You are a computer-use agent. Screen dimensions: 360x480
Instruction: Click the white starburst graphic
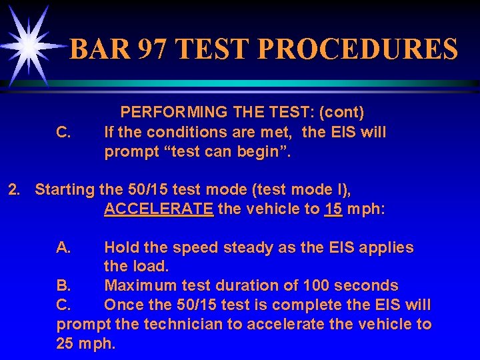(x=29, y=44)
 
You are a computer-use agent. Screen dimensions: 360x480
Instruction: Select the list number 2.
(x=13, y=189)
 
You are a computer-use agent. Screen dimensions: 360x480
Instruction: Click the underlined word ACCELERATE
(x=159, y=209)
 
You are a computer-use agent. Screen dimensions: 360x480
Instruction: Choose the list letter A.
(x=64, y=247)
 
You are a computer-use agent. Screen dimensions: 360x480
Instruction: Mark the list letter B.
(x=64, y=286)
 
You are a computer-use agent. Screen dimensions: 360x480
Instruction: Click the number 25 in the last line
(x=67, y=344)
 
